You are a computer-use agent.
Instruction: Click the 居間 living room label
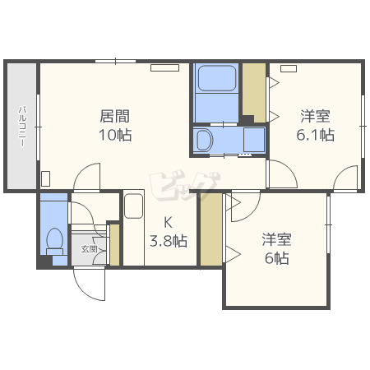(x=114, y=116)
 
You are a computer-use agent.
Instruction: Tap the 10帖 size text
(x=115, y=135)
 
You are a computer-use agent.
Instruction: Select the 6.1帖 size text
(x=315, y=135)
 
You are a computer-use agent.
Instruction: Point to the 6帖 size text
(x=277, y=258)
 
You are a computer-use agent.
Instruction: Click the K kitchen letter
(x=168, y=222)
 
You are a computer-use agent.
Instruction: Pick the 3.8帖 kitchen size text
(x=169, y=241)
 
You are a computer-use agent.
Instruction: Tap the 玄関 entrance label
(x=89, y=249)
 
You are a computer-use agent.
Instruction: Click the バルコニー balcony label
(x=22, y=126)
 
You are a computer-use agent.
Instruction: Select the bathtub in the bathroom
(x=217, y=78)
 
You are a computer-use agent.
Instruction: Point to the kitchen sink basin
(x=134, y=206)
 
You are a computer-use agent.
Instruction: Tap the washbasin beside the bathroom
(x=205, y=140)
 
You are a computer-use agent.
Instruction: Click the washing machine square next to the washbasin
(x=254, y=140)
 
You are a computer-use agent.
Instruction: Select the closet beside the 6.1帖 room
(x=254, y=93)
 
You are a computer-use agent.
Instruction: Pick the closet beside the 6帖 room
(x=211, y=229)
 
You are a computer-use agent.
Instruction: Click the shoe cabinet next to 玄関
(x=114, y=245)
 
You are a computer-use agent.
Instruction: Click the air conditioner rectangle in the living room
(x=164, y=67)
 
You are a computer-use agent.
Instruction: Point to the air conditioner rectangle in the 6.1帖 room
(x=289, y=68)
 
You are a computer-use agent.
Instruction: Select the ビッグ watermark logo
(x=185, y=185)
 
